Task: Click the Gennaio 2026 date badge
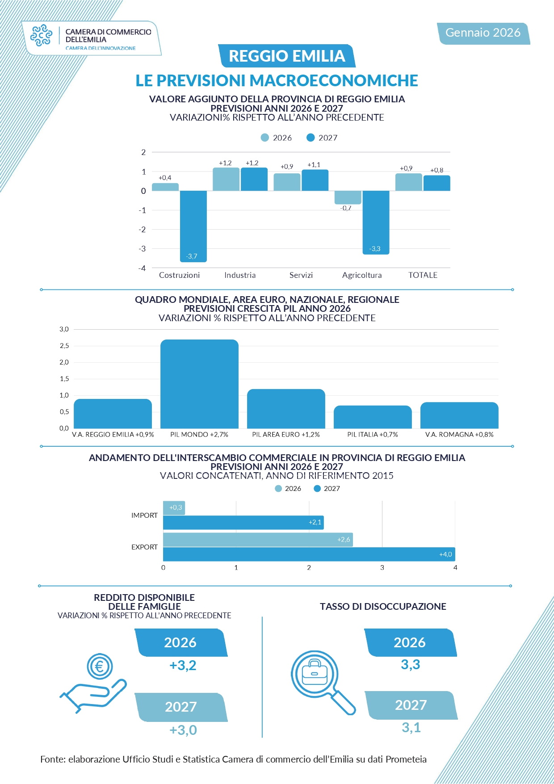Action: [x=483, y=33]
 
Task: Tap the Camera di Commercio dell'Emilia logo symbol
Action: [x=41, y=35]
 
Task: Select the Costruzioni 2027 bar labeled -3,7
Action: [x=193, y=226]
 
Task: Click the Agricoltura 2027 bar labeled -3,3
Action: [x=376, y=222]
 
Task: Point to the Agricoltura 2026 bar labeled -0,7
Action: [x=348, y=197]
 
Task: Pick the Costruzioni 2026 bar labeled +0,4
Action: [x=165, y=187]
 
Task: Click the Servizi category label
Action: [x=301, y=275]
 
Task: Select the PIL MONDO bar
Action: [x=199, y=384]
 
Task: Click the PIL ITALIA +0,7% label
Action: [x=373, y=435]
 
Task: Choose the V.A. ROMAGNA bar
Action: [x=459, y=415]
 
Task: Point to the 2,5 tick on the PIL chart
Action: [x=64, y=346]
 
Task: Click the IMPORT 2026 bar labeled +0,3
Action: [x=174, y=508]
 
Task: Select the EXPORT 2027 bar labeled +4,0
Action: [x=309, y=554]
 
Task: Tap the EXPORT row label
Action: [x=144, y=547]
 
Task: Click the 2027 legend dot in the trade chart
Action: [x=318, y=489]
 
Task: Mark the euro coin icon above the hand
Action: [x=100, y=667]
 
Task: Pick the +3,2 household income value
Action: [x=183, y=666]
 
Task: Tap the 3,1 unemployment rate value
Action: [x=411, y=728]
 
